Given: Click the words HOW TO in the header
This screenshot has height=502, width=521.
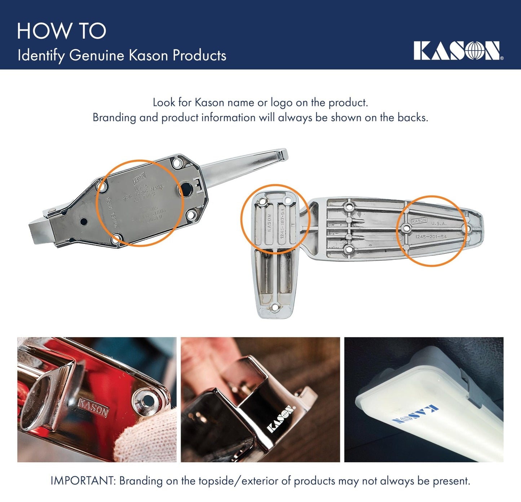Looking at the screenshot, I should [x=61, y=31].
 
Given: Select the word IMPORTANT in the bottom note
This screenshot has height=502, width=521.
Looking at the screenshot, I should [x=83, y=481].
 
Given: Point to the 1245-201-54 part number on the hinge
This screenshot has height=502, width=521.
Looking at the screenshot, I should [x=431, y=237].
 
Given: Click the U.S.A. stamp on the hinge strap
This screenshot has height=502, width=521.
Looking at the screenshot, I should [x=439, y=223].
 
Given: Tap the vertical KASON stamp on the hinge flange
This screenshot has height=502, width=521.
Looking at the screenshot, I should [x=269, y=224].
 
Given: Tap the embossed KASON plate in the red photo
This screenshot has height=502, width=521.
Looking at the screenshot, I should [x=93, y=408].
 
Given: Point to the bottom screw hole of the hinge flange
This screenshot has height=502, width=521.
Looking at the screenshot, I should [x=275, y=307].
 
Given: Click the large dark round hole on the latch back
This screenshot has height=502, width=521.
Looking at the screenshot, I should [x=186, y=188].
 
